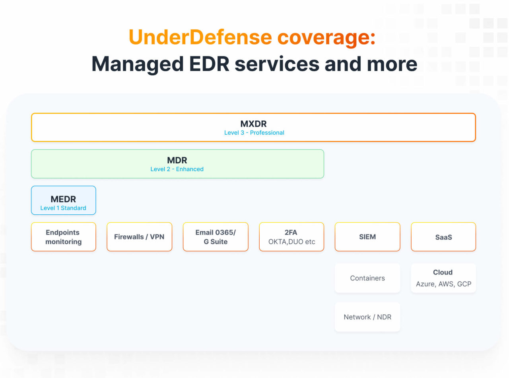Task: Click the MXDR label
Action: point(253,123)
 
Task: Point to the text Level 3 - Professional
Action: point(254,133)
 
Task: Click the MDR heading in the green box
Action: point(177,160)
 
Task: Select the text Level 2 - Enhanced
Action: point(177,169)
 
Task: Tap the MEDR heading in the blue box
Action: point(63,199)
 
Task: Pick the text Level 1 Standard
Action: point(63,208)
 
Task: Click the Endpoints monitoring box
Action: point(63,237)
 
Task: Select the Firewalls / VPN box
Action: point(139,237)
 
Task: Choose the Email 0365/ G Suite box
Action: point(216,237)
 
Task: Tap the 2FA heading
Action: point(291,233)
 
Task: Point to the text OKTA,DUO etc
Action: point(291,242)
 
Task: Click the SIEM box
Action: point(367,237)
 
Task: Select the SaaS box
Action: point(443,237)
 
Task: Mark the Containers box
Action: point(367,278)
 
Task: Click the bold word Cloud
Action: point(443,272)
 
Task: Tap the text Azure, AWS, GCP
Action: point(443,284)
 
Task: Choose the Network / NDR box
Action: point(367,317)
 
